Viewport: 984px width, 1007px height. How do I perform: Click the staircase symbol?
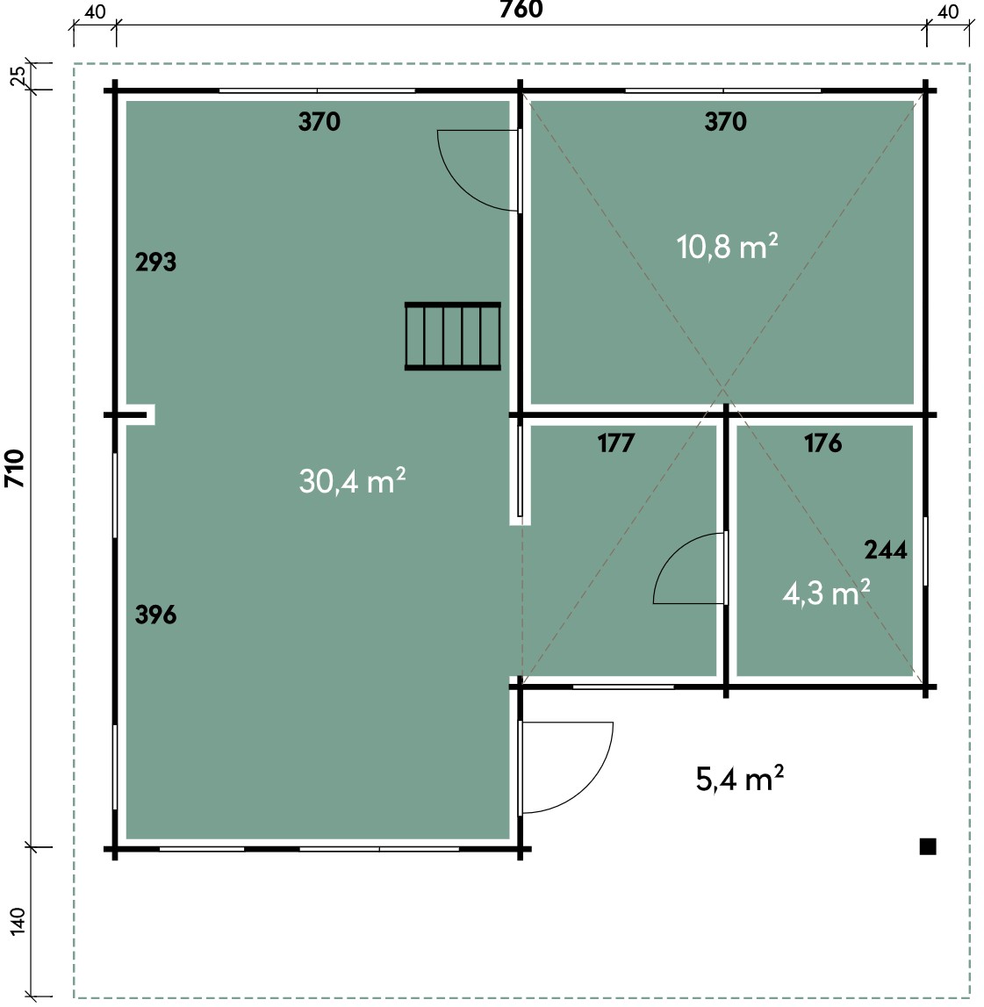pos(452,336)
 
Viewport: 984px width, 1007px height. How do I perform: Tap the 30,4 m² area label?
pos(352,480)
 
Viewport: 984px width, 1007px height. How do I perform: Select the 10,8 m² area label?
pos(727,246)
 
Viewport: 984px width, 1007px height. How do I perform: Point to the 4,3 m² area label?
pos(826,592)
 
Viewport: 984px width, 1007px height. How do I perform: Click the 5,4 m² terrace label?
pos(739,779)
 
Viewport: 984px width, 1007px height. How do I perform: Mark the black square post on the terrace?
pos(928,846)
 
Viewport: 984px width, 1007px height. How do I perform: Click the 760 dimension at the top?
pos(521,9)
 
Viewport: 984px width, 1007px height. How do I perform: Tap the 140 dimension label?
pos(18,921)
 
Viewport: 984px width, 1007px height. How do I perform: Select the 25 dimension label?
pos(18,76)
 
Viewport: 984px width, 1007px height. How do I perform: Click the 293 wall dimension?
pos(155,262)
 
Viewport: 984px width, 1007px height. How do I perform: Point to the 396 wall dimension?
pos(155,615)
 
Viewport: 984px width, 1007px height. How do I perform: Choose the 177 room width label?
pos(616,442)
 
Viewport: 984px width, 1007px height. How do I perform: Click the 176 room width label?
pos(822,442)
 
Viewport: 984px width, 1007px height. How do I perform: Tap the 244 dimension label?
pos(886,550)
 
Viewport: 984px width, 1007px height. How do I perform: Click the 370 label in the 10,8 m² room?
pos(725,121)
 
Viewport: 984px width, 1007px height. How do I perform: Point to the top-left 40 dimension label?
pos(95,12)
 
